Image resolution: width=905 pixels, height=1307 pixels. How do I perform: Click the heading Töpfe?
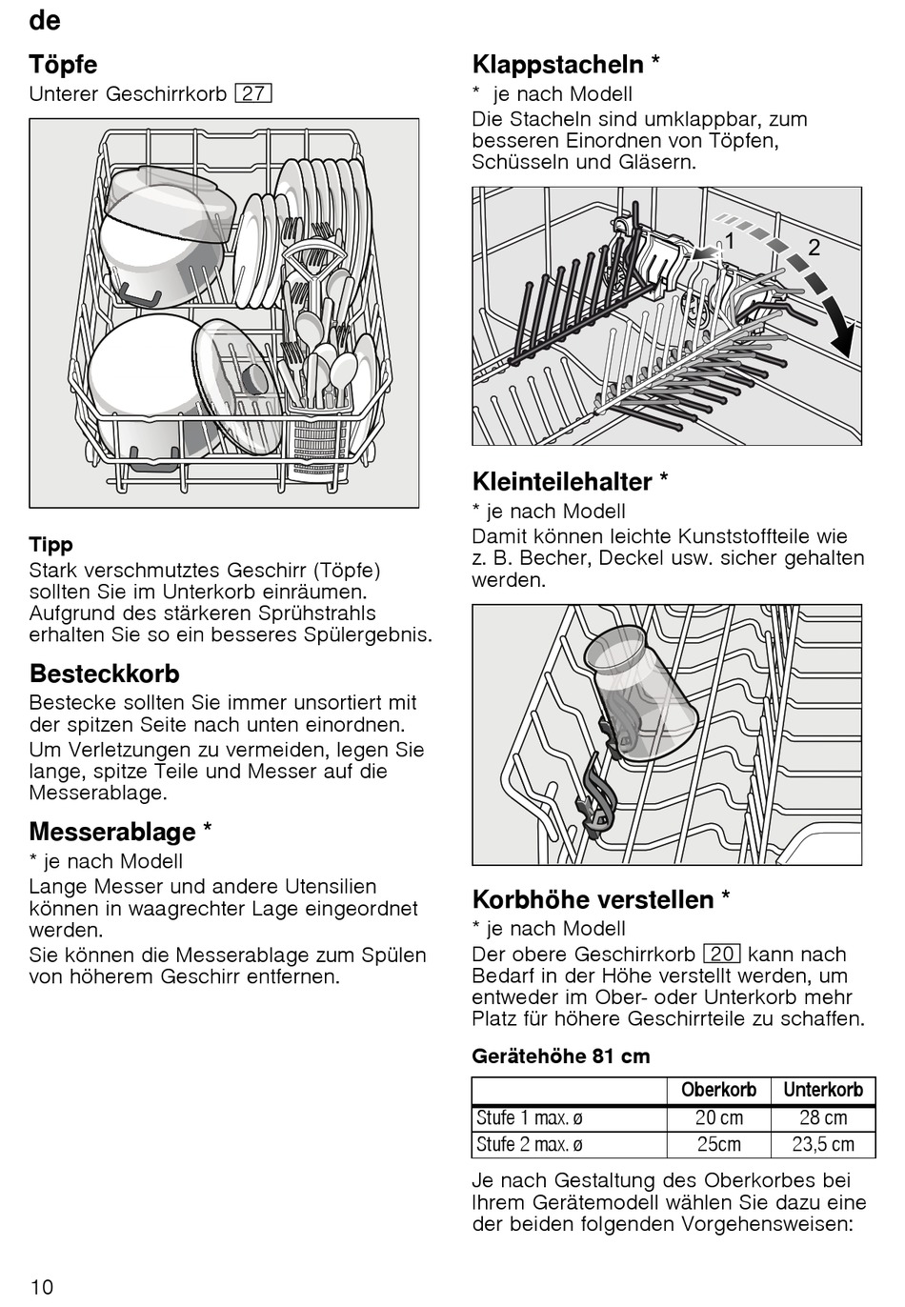[63, 64]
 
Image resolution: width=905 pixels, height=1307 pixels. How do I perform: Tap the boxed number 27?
[253, 93]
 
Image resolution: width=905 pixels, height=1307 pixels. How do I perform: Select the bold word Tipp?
[50, 545]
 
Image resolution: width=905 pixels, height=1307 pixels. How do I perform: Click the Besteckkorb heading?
[105, 674]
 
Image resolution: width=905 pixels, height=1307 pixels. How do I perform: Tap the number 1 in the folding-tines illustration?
[729, 240]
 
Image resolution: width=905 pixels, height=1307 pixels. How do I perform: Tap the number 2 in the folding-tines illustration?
[814, 248]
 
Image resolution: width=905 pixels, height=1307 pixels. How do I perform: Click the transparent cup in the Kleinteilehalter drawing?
[642, 692]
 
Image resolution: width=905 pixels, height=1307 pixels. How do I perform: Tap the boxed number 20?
[722, 954]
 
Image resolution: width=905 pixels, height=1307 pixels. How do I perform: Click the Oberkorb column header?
[719, 1090]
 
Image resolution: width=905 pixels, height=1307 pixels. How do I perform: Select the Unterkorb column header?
[823, 1090]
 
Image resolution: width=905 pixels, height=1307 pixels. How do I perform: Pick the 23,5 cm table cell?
[823, 1144]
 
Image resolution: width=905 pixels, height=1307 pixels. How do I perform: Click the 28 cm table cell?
[823, 1117]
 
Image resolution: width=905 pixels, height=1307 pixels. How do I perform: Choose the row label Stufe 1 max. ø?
[530, 1117]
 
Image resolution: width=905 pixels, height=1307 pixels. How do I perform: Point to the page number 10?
[41, 1286]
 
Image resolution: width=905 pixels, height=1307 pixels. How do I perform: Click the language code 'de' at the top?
[45, 20]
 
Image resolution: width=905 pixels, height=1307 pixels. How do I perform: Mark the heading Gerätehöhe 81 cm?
[561, 1056]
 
